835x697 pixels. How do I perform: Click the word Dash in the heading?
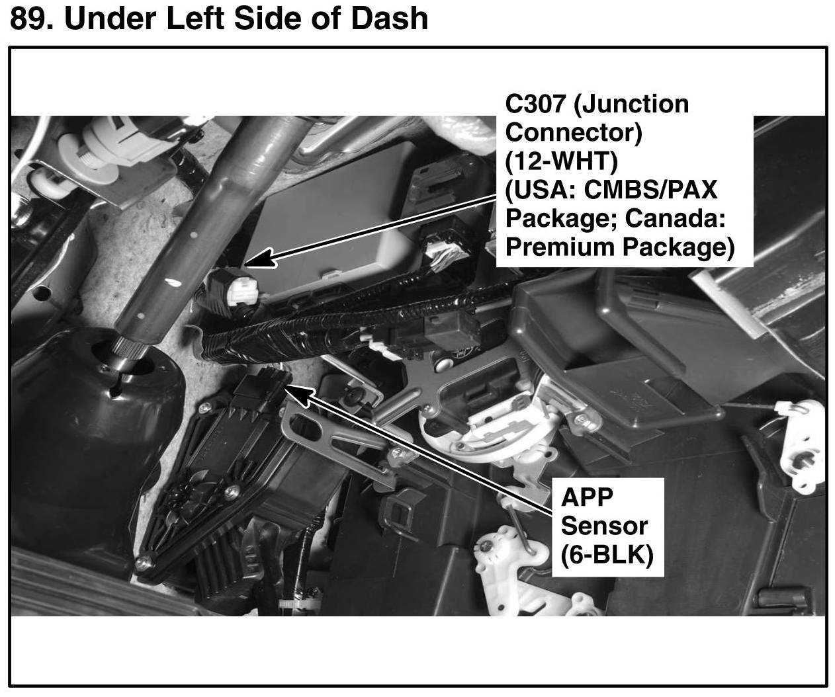(390, 19)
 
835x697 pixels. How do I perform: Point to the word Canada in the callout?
(675, 218)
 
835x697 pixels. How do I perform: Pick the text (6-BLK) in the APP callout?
(607, 555)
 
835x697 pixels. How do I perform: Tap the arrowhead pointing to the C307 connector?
(261, 258)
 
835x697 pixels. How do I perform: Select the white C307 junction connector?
(242, 291)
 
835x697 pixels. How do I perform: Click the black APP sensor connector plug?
(262, 389)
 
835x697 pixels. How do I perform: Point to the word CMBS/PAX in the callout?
(650, 190)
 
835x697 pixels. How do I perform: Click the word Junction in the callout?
(631, 104)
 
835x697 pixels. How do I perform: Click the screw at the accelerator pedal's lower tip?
(142, 563)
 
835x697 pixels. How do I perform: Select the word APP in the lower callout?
(587, 497)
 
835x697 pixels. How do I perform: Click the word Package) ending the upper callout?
(679, 248)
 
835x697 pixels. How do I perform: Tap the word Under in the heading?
(110, 19)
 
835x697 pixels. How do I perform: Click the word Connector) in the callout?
(574, 133)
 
